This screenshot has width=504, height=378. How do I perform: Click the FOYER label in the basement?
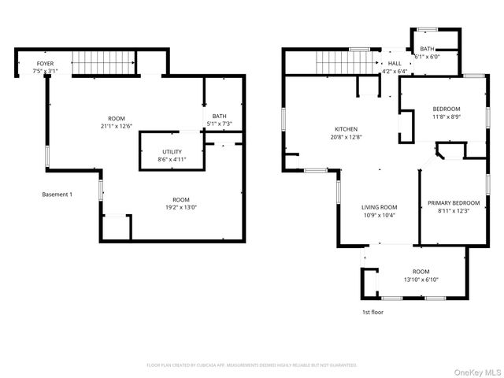click(45, 63)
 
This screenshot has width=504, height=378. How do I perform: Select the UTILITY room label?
click(172, 151)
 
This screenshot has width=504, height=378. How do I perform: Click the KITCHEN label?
click(346, 129)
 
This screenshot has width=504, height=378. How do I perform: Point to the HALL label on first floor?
click(395, 64)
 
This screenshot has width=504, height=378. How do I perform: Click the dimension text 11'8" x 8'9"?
click(446, 117)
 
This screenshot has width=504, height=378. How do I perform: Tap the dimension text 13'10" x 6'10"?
click(421, 280)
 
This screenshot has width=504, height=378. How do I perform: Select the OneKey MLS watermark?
click(476, 371)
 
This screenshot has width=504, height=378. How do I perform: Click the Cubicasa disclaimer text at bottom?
click(252, 365)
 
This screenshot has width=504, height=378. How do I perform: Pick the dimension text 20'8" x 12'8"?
click(346, 137)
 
